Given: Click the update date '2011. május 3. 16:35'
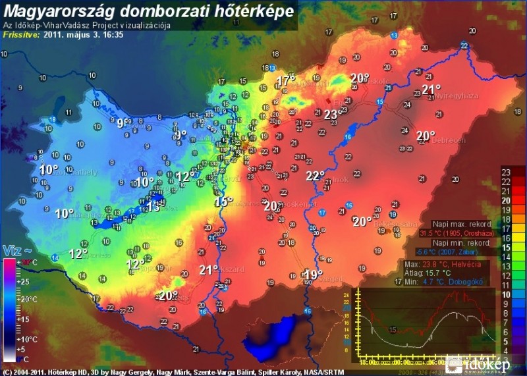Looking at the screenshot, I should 83,36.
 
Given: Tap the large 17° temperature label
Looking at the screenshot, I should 285,80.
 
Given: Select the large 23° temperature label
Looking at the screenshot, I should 331,114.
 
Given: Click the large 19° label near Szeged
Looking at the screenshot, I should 314,275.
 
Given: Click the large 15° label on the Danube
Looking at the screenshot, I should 223,201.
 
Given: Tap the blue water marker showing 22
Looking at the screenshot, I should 465,45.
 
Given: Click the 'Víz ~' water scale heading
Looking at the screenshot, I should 18,250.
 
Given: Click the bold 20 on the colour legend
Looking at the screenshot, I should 506,200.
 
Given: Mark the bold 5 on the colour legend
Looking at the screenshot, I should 506,342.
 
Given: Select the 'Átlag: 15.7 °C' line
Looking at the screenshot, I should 428,272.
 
